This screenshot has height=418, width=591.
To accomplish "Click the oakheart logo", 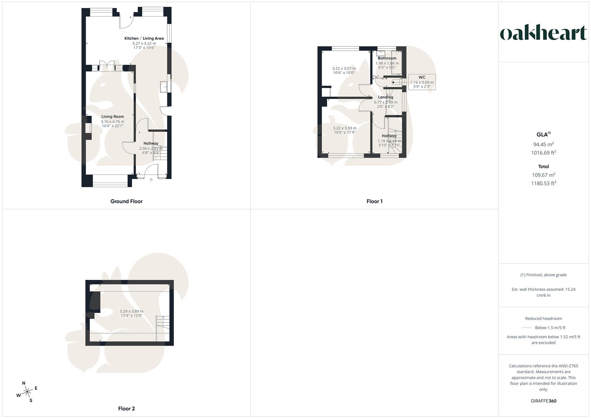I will [x=543, y=33].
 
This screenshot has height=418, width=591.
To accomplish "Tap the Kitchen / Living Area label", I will [x=144, y=38].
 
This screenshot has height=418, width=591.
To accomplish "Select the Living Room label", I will [x=113, y=116].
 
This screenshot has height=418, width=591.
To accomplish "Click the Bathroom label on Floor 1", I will [x=387, y=58].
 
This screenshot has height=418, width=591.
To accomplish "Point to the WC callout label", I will [x=422, y=77].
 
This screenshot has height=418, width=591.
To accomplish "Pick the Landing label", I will [x=385, y=97].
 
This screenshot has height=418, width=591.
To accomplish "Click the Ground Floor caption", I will [x=127, y=201].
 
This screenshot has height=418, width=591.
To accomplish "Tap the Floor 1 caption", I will [x=374, y=201].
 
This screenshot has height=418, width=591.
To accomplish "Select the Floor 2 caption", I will [x=127, y=408].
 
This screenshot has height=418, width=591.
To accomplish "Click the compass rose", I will [x=27, y=392].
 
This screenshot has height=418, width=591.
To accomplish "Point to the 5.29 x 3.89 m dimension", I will [x=132, y=311].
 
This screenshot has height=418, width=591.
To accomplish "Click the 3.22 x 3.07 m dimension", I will [x=344, y=69].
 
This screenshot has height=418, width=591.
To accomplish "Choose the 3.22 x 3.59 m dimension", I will [x=344, y=128].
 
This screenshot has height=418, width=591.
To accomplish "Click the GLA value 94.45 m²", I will [x=543, y=144].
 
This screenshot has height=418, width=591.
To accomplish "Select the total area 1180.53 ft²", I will [x=543, y=183].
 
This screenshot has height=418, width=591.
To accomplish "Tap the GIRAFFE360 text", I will [x=543, y=401].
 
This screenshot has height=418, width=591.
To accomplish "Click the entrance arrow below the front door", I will [x=151, y=180].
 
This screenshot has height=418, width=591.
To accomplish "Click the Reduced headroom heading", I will [x=543, y=319].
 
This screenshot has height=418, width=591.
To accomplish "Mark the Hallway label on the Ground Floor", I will [x=151, y=143].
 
